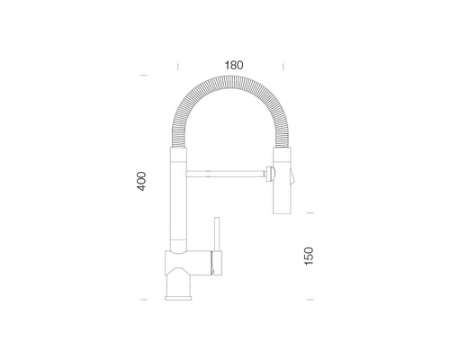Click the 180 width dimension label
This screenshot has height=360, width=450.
234,65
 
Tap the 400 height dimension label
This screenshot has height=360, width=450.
141,181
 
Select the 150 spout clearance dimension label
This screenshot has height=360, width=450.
309,256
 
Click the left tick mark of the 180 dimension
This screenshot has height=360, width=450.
178,67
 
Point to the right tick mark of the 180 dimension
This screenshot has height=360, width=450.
283,67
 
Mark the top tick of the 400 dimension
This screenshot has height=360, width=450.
144,76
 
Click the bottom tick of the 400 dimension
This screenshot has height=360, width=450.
144,300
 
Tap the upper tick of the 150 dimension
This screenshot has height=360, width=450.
310,212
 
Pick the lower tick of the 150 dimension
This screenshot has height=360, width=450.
310,300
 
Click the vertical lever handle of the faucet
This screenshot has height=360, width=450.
217,234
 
